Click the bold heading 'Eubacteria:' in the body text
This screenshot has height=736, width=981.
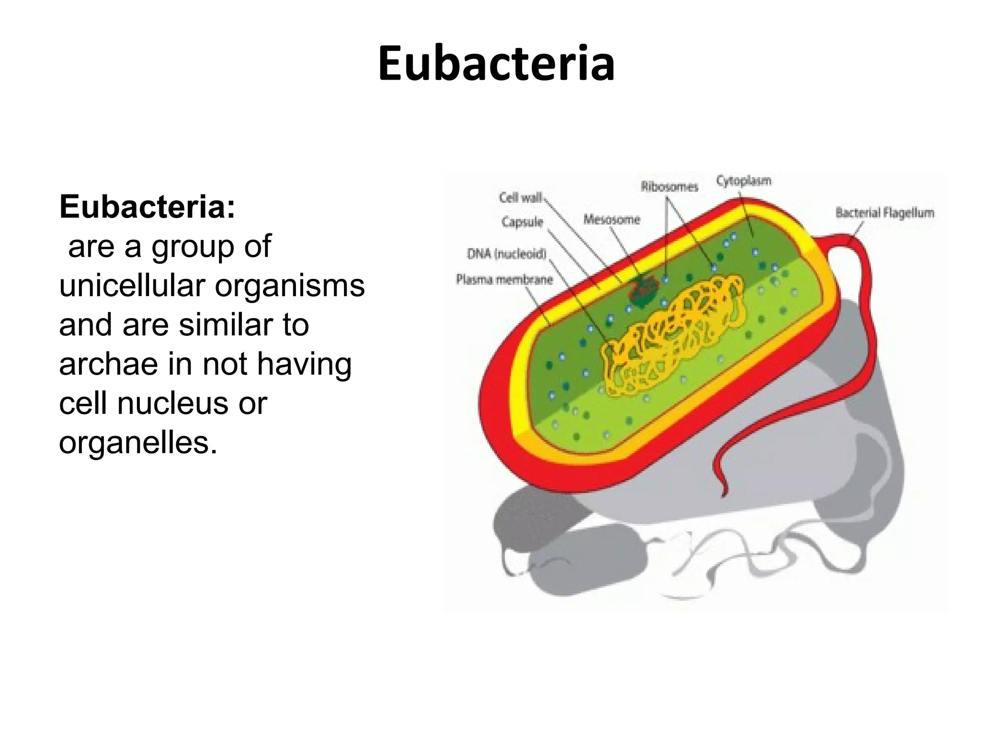pyautogui.click(x=148, y=207)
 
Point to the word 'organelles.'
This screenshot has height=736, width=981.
pyautogui.click(x=138, y=442)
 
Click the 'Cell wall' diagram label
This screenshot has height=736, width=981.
pyautogui.click(x=520, y=197)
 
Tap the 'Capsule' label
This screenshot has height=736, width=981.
pyautogui.click(x=522, y=222)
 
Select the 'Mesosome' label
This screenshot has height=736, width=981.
pyautogui.click(x=611, y=219)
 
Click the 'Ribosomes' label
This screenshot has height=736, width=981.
pyautogui.click(x=669, y=187)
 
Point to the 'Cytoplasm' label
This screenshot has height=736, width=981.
pyautogui.click(x=743, y=181)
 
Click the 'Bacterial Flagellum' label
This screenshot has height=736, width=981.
pyautogui.click(x=884, y=212)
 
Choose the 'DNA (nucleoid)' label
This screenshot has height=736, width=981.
pyautogui.click(x=506, y=253)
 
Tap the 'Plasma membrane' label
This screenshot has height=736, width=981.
pyautogui.click(x=504, y=279)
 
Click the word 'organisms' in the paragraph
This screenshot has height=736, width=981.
pyautogui.click(x=289, y=286)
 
